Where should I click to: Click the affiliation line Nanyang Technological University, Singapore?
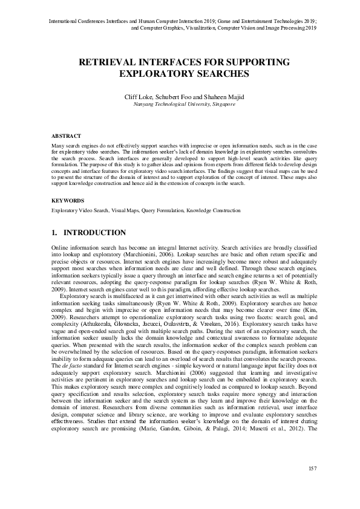tap(180, 104)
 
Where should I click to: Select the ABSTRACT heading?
tap(66, 137)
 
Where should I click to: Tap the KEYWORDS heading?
tap(67, 200)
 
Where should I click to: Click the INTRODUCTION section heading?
tap(95, 233)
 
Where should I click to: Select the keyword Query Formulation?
tap(162, 210)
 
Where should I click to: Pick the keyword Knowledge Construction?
tap(213, 210)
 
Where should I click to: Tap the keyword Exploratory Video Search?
tap(80, 210)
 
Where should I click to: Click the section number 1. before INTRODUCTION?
tap(54, 233)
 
